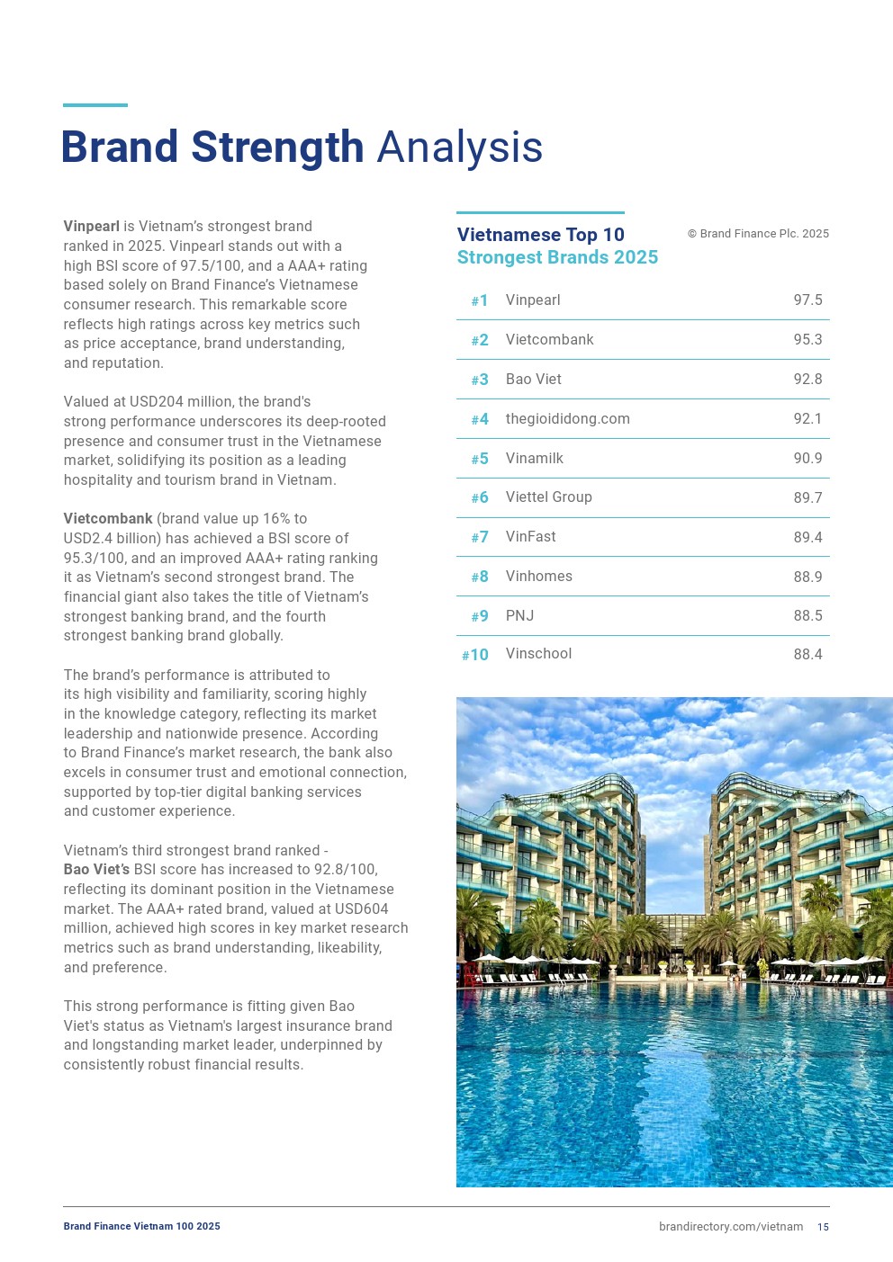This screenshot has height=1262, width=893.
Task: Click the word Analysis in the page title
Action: [459, 148]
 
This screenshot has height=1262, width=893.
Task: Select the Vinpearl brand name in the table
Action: [533, 300]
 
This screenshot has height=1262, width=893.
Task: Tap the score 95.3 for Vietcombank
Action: [807, 340]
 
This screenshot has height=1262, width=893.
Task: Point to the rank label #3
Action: [480, 380]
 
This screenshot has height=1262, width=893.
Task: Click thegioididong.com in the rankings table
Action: [567, 419]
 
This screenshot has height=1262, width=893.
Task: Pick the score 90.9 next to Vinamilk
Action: [807, 459]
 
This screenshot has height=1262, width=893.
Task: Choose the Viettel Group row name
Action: [548, 497]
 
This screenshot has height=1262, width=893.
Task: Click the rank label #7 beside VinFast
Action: [480, 537]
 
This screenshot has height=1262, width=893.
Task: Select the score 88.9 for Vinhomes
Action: [807, 577]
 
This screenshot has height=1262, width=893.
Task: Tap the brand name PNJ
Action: [519, 616]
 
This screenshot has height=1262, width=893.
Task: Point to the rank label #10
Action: [475, 655]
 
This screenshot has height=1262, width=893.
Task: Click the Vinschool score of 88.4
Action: [807, 655]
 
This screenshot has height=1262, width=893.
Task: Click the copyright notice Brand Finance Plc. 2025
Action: [758, 234]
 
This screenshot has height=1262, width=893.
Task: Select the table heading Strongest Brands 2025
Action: [557, 257]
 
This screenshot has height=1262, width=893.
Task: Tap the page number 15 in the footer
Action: [823, 1227]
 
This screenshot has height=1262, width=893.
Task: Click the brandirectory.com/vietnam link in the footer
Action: [731, 1227]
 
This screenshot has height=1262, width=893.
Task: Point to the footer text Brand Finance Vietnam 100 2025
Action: [141, 1227]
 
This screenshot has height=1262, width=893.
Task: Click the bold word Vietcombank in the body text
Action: [108, 519]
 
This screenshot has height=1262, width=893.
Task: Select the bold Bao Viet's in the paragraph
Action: [96, 870]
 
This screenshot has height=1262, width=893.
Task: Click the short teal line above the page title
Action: [95, 105]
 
